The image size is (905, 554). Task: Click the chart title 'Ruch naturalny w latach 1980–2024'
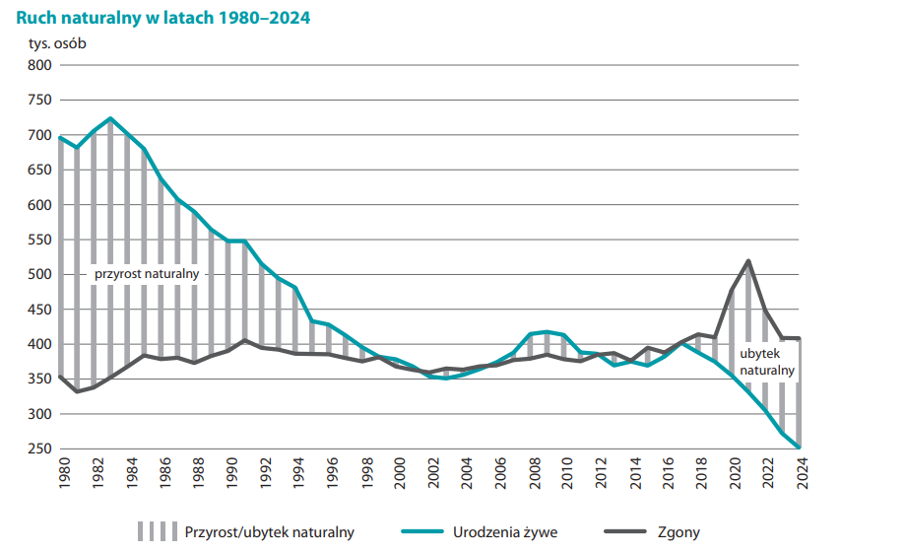162,18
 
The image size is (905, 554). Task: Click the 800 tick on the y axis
38,65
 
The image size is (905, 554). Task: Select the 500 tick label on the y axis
38,275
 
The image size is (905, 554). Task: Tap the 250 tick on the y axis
38,450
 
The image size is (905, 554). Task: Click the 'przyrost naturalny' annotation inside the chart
147,273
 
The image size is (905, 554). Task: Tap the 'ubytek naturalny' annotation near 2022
766,362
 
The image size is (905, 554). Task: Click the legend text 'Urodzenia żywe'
505,532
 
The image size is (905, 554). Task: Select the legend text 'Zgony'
679,532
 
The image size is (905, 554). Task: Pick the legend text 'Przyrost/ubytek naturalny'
269,532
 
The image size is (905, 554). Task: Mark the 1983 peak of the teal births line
110,118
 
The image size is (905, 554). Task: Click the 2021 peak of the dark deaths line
748,261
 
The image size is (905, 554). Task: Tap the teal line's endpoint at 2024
799,447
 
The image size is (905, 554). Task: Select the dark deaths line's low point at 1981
77,391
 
